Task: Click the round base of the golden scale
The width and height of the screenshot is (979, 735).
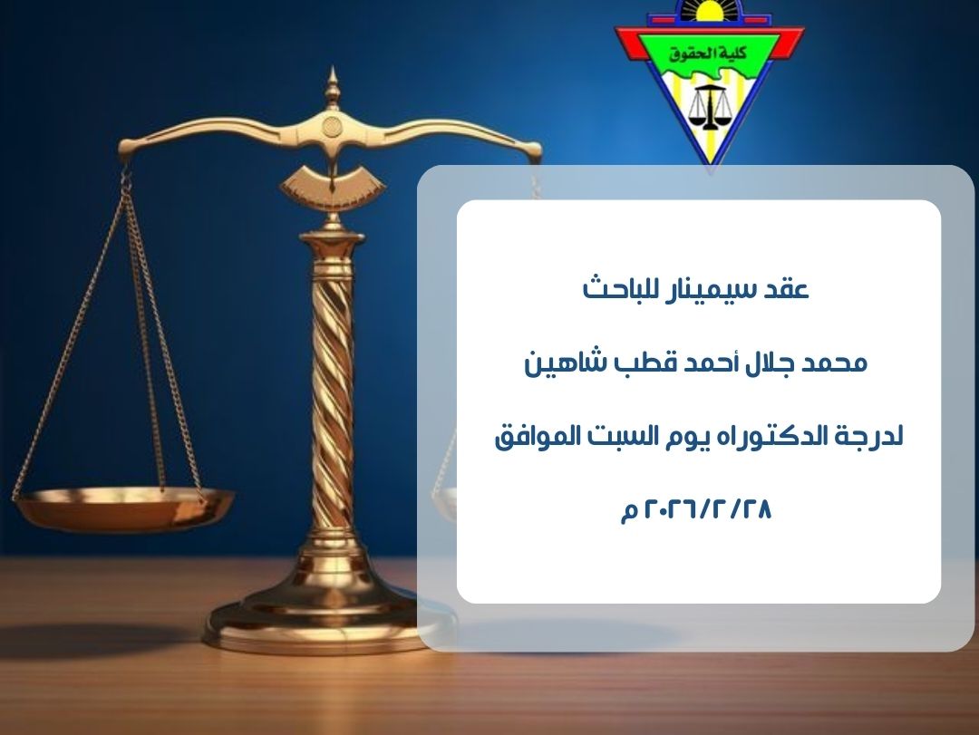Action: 326,625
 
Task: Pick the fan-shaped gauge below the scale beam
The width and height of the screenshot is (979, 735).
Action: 333,184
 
